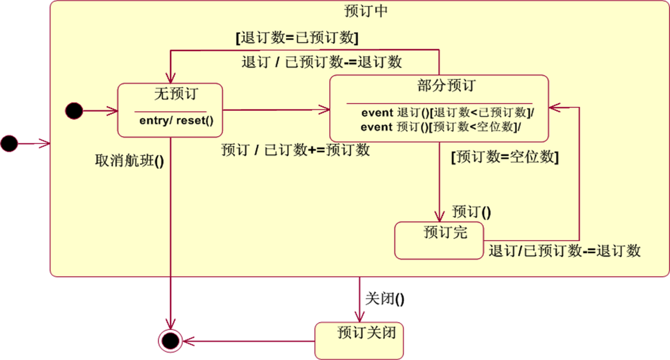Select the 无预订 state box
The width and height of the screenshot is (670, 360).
tap(170, 110)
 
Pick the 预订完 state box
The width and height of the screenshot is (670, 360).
tap(439, 240)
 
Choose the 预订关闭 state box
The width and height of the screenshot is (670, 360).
tap(359, 340)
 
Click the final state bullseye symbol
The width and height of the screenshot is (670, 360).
tap(170, 340)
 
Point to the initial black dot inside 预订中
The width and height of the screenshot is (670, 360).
tap(74, 111)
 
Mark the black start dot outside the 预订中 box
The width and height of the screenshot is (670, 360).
tap(9, 143)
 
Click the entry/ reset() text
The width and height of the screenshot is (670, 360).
tap(176, 120)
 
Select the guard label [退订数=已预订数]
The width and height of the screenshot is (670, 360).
tap(297, 38)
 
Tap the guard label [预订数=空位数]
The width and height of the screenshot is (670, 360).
tap(505, 157)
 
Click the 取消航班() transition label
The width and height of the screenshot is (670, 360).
tap(130, 162)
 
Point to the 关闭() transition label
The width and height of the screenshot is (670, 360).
tap(385, 299)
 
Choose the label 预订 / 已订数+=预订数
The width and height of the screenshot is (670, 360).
tap(295, 150)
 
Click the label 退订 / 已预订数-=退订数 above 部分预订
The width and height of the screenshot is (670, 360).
tap(322, 62)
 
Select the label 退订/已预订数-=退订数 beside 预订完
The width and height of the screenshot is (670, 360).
tap(564, 250)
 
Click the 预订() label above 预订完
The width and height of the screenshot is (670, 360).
tap(471, 211)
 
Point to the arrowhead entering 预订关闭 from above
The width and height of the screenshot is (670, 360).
tap(360, 319)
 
